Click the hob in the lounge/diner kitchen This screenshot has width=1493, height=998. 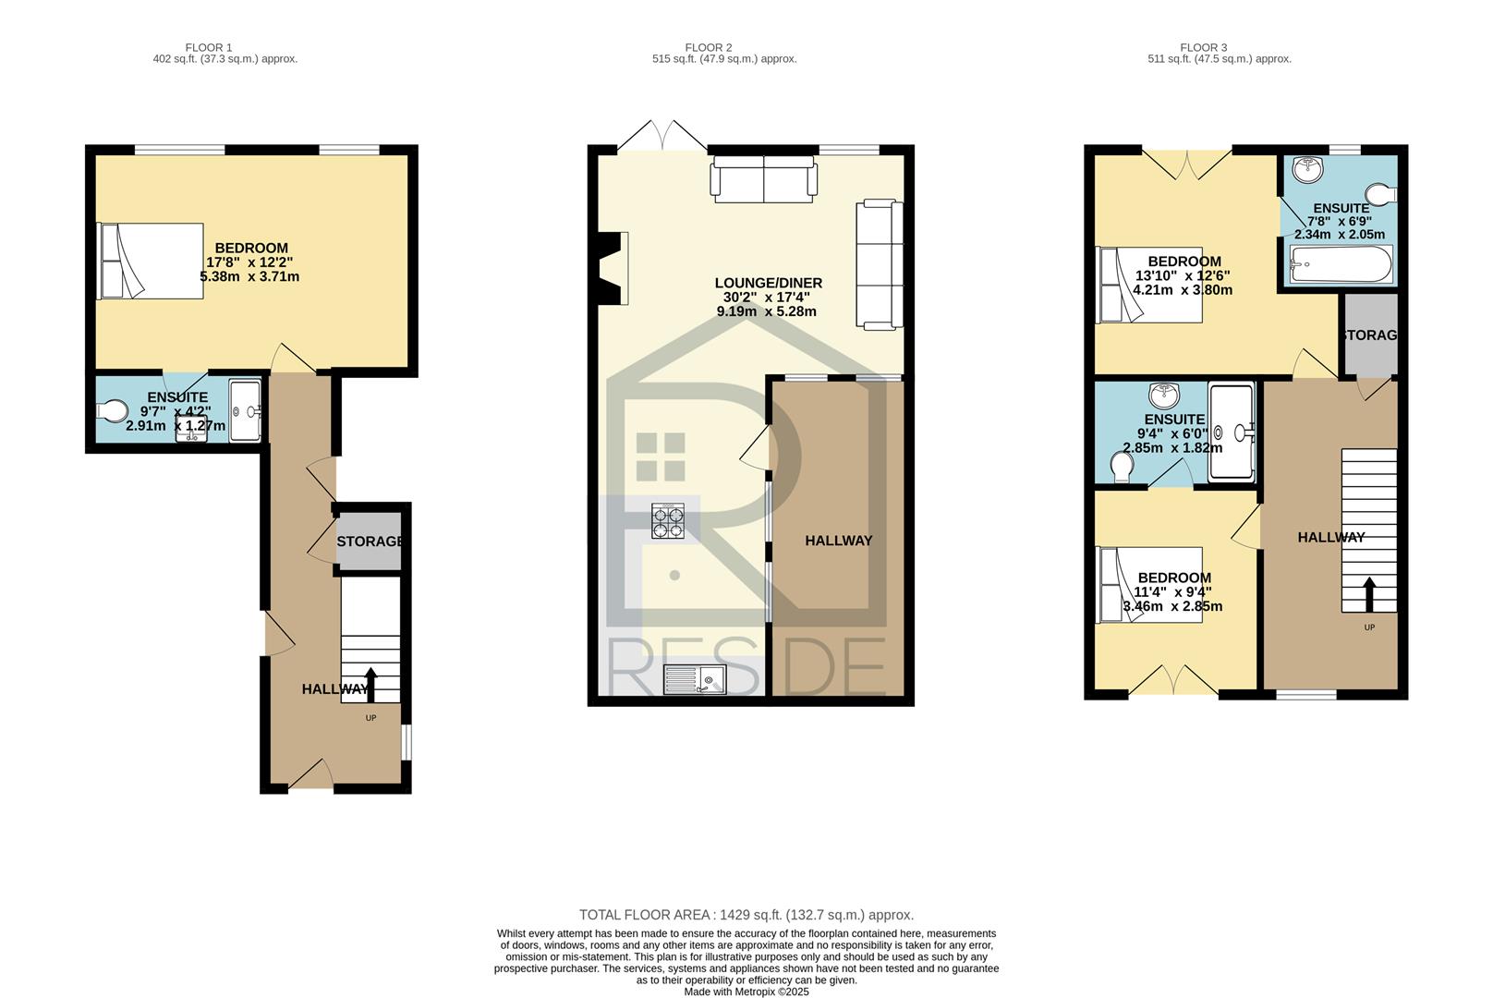pos(669,521)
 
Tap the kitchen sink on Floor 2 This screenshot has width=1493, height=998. pos(695,679)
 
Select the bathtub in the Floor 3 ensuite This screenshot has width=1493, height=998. pos(1341,264)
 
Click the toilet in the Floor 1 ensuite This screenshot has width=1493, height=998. pos(112,410)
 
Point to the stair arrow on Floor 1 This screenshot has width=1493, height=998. pos(370,685)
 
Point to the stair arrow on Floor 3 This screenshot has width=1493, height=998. pos(1369,595)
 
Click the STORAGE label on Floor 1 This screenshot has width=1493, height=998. pos(370,542)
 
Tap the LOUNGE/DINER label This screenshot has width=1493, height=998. pos(769,283)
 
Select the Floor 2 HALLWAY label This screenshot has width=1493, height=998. pos(839,541)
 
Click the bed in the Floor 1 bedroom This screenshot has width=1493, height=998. pos(150,261)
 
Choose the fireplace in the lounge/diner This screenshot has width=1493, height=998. pos(613,268)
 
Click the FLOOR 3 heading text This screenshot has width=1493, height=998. pos(1203,47)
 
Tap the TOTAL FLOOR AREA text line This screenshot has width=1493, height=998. pos(746,915)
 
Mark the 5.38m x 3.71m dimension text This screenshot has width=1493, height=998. pos(249,276)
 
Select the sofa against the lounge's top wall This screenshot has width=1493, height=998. pos(764,178)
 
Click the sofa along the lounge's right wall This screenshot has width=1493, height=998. pos(880,264)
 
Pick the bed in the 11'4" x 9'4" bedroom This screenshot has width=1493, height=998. pos(1149,585)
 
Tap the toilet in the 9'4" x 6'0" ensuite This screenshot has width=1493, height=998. pos(1123,466)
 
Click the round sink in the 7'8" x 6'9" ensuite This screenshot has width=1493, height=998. pos(1307,169)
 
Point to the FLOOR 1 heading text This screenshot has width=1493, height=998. pos(209,47)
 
